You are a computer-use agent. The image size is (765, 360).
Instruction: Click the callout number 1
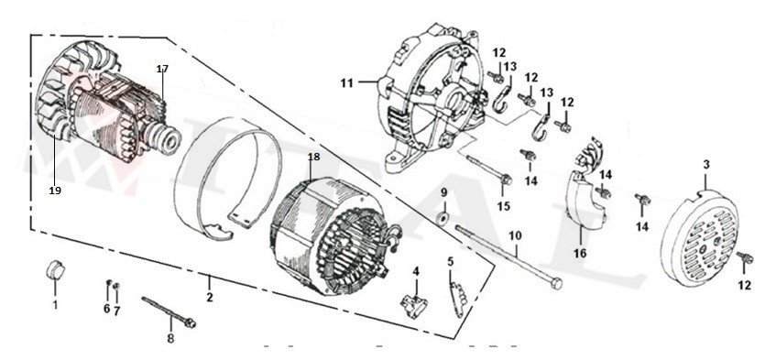[x=54, y=303]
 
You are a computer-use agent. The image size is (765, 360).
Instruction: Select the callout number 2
[x=209, y=298]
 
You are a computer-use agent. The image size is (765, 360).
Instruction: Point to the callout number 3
[x=706, y=164]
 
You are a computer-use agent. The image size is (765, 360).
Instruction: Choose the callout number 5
[x=450, y=261]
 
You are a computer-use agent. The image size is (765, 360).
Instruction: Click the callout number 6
[x=106, y=309]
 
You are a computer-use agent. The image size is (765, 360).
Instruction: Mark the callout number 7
[x=117, y=309]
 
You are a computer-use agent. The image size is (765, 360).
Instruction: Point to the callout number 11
[x=346, y=83]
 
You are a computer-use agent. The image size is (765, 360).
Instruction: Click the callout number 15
[x=503, y=207]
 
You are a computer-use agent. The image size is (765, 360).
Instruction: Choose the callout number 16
[x=579, y=252]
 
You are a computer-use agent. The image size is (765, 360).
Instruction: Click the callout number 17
[x=162, y=70]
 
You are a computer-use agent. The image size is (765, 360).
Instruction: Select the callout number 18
[x=313, y=158]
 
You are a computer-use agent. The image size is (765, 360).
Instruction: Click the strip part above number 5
[x=455, y=293]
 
